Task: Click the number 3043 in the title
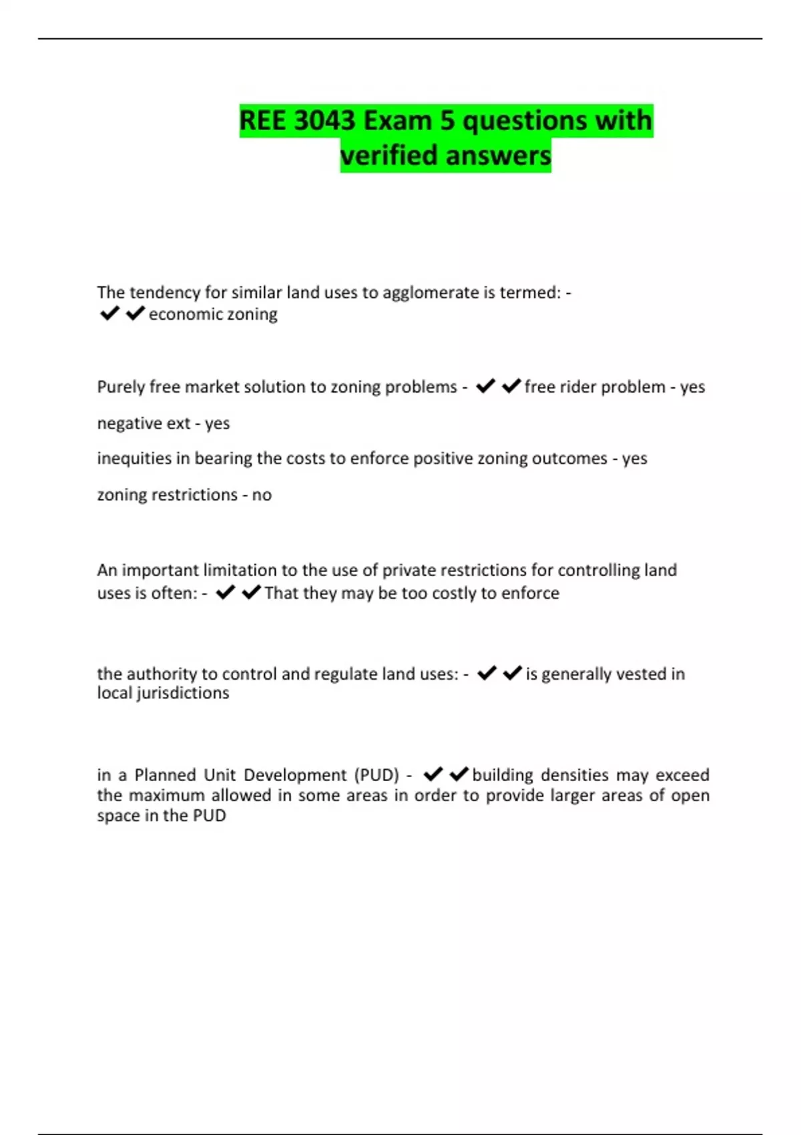(x=324, y=121)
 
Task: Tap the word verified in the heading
(x=389, y=156)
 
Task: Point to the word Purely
(x=121, y=387)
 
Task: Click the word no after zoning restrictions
(x=262, y=495)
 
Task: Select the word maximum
(x=167, y=795)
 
